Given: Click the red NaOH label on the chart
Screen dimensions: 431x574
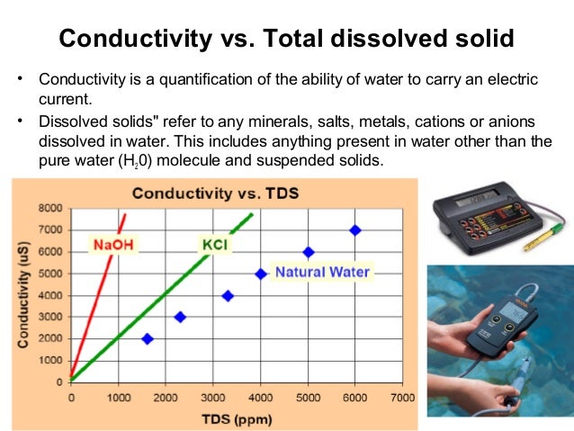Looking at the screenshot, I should click(x=115, y=244).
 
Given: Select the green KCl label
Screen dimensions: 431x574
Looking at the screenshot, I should click(x=213, y=244).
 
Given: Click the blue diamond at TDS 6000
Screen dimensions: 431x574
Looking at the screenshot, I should click(x=355, y=230).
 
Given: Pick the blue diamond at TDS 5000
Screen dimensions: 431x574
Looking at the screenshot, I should click(x=308, y=252).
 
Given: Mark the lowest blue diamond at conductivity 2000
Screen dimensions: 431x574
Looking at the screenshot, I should click(x=148, y=338).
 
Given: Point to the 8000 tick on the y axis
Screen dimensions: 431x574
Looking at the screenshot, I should click(x=49, y=208).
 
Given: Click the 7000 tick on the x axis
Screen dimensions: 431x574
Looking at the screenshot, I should click(x=402, y=397).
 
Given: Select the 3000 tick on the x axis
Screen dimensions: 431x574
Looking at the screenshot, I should click(x=212, y=397).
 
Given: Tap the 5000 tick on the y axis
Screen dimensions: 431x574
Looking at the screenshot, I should click(x=49, y=274).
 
